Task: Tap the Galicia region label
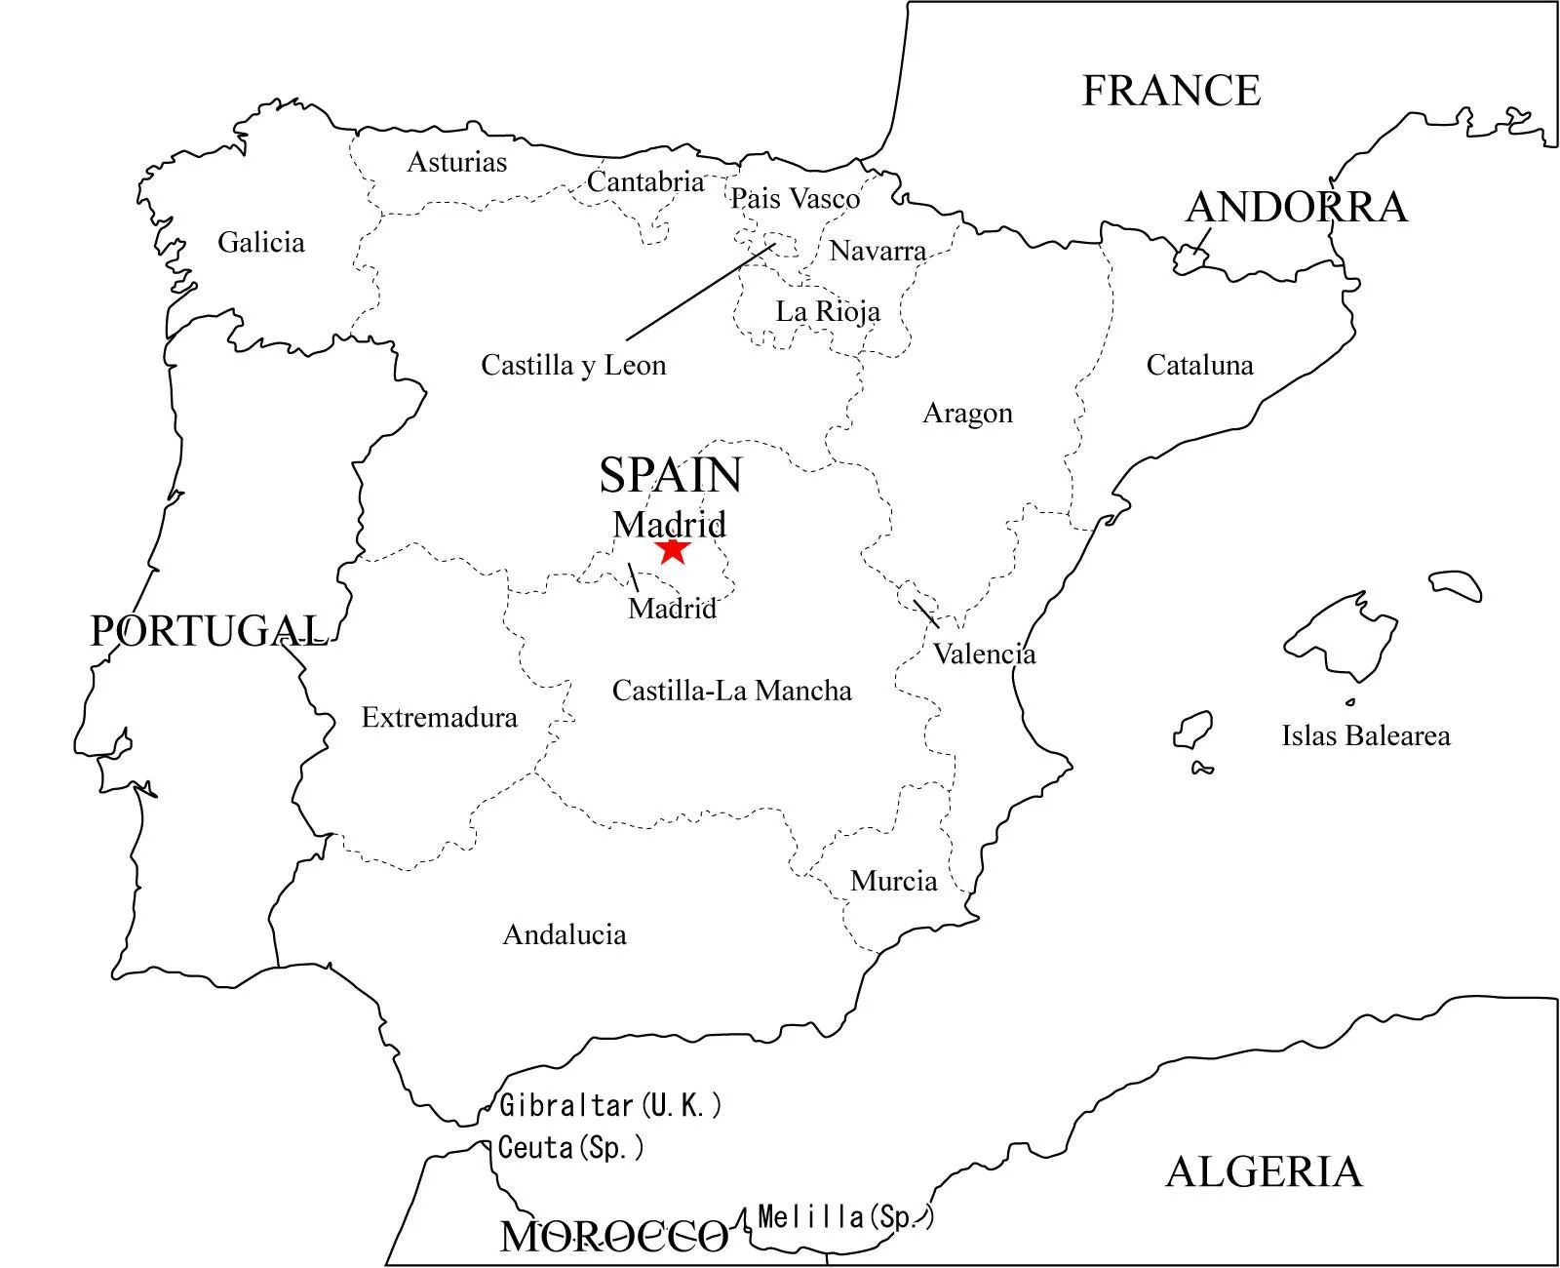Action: coord(260,242)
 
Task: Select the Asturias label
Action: coord(456,162)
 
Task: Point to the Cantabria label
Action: coord(644,181)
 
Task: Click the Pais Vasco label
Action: coord(795,199)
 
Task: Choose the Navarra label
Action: coord(877,251)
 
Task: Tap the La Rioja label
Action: coord(828,312)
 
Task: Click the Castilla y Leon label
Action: coord(573,366)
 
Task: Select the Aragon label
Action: coord(967,414)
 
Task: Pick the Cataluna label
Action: coord(1199,366)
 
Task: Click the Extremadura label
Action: coord(439,718)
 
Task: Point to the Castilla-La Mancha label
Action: coord(731,691)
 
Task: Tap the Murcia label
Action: coord(893,881)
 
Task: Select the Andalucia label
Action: coord(565,934)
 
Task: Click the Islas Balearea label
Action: coord(1365,735)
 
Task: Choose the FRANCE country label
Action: coord(1171,91)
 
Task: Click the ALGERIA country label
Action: coord(1264,1171)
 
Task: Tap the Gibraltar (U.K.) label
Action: coord(610,1106)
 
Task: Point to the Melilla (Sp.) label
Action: coord(844,1217)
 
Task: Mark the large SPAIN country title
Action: coord(671,476)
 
